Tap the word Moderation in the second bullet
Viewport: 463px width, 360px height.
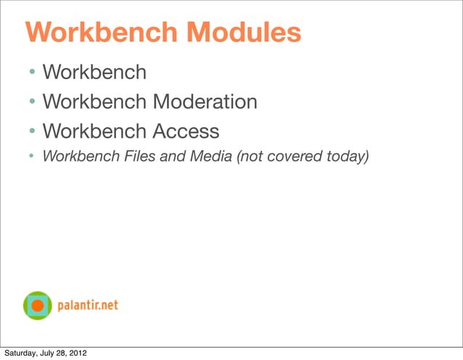click(x=204, y=102)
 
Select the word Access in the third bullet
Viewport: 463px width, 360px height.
click(x=184, y=131)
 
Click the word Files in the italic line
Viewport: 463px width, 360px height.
click(x=140, y=157)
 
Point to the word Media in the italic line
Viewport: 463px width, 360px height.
click(x=210, y=157)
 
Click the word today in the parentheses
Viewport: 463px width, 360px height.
click(x=341, y=157)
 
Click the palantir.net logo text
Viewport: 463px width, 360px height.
click(x=89, y=306)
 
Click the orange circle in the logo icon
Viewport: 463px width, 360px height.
click(x=38, y=306)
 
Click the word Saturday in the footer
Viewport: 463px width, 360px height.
click(x=22, y=353)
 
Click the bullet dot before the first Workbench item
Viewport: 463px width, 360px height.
click(x=33, y=73)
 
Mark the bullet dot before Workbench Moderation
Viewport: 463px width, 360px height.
click(x=33, y=102)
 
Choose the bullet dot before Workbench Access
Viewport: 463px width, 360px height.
click(x=33, y=132)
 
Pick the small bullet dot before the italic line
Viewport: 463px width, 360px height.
click(x=33, y=157)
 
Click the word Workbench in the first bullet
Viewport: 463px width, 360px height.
click(x=94, y=72)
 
